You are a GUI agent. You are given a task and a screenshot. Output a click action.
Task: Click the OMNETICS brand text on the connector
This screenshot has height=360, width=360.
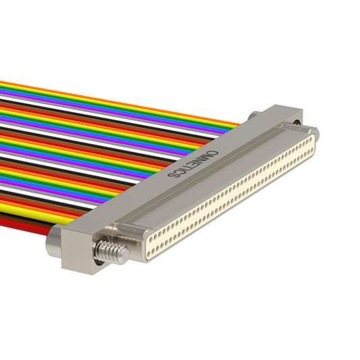[x=193, y=163]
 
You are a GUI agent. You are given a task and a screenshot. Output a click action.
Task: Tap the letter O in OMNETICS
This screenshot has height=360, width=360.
[x=214, y=153]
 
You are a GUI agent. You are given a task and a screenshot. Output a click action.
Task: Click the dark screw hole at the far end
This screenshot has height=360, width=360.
[x=297, y=122]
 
